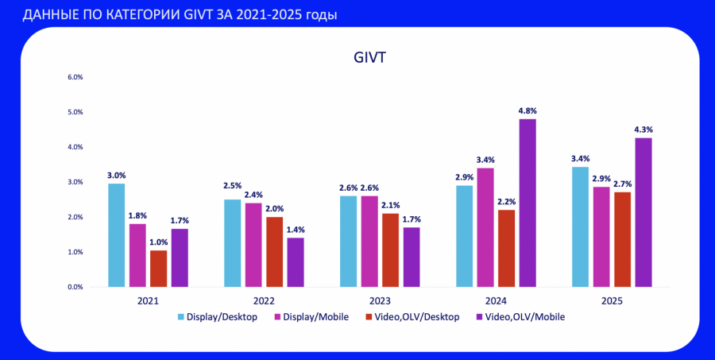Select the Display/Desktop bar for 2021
[117, 234]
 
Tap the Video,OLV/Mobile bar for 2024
[528, 203]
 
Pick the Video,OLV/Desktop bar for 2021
[159, 268]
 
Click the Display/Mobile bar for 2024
[485, 226]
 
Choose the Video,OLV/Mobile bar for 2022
[296, 261]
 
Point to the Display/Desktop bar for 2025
[581, 226]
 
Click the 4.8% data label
[528, 111]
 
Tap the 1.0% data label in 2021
[159, 242]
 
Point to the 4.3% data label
[643, 130]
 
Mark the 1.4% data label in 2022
[296, 230]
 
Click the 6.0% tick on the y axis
[75, 78]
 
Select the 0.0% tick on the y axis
[75, 287]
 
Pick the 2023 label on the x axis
[380, 302]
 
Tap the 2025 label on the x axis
[612, 302]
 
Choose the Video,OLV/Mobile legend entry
[525, 317]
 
